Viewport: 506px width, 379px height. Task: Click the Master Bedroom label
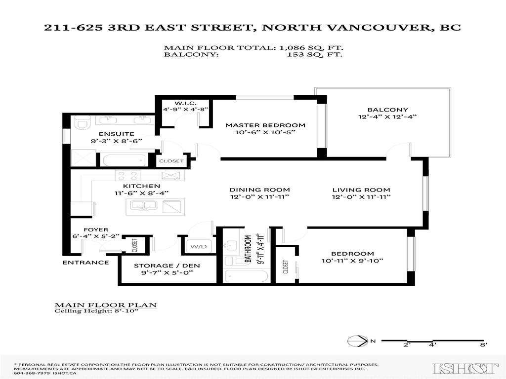tap(265, 125)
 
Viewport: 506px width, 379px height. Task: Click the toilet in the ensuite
tap(81, 122)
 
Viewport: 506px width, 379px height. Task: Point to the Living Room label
tap(361, 189)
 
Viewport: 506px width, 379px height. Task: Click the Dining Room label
tap(259, 189)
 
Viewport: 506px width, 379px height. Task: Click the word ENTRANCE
tap(85, 263)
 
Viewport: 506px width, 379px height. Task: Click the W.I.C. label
tap(182, 103)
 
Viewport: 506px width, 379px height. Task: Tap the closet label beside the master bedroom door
tap(171, 161)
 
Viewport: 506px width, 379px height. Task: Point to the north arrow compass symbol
tap(354, 340)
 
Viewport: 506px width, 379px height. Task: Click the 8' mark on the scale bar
tap(483, 345)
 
